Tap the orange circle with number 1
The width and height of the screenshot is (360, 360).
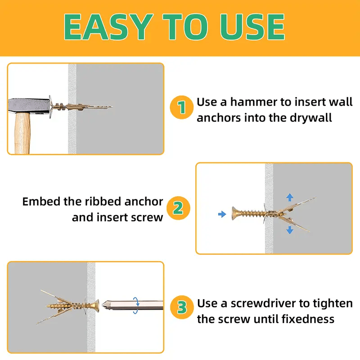(x=181, y=108)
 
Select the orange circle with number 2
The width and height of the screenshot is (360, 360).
(x=178, y=208)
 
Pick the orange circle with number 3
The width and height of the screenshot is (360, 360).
(x=181, y=308)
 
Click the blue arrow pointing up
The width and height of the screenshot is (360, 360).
(x=290, y=197)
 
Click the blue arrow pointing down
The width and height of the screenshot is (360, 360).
(x=290, y=230)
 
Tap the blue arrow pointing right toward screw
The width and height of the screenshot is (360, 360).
(x=221, y=214)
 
